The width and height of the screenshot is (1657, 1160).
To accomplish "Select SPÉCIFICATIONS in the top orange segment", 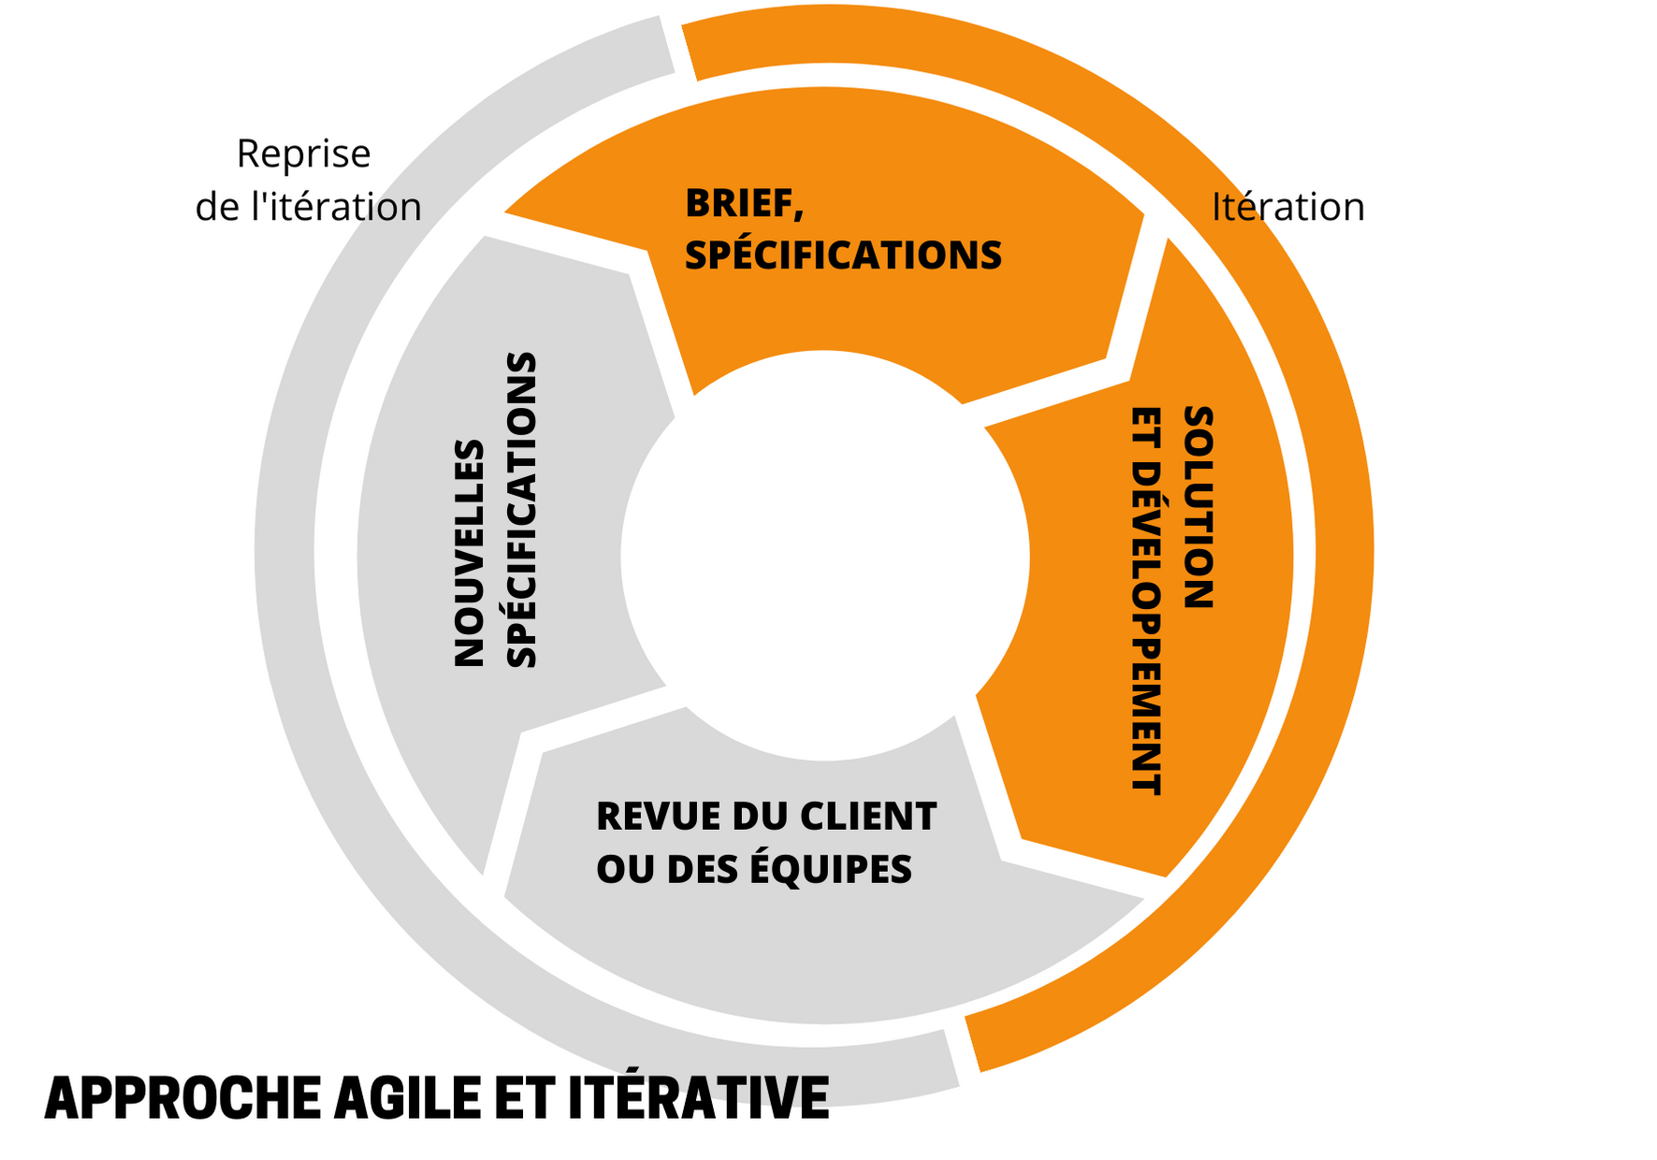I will (x=843, y=256).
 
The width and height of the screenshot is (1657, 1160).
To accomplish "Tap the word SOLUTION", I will (x=1199, y=507).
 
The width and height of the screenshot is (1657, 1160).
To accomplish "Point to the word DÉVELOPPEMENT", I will (x=1146, y=636).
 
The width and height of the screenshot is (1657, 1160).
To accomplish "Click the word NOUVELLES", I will (x=469, y=553).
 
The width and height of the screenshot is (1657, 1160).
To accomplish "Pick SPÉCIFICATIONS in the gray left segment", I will (x=521, y=510).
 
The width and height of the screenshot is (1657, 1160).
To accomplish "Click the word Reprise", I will (x=303, y=154).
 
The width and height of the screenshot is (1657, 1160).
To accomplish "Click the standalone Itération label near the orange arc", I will (x=1287, y=208).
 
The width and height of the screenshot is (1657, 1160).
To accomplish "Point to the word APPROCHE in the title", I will (x=182, y=1098).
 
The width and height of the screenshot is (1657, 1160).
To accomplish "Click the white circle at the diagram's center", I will (x=824, y=556).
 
